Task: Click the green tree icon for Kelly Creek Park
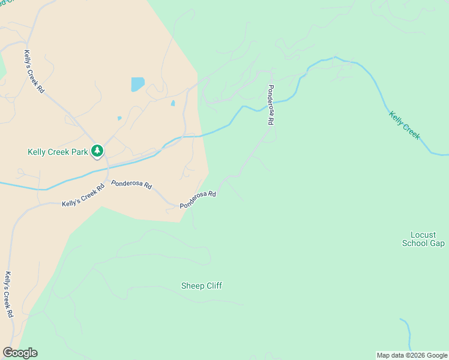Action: (97, 152)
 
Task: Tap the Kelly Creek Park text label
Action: (58, 152)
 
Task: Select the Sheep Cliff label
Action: (202, 286)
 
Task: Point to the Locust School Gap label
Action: (423, 239)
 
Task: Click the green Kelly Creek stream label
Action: (405, 125)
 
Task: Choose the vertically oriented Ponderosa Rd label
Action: (271, 104)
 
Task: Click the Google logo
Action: (20, 353)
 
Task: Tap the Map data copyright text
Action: (411, 355)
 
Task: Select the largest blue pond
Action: (138, 83)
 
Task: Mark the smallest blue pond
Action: (119, 118)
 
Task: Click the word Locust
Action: (423, 235)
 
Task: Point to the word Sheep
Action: (193, 286)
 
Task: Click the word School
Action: (414, 243)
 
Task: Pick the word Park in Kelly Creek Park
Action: (78, 152)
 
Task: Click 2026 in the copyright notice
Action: (413, 355)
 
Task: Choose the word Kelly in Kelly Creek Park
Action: (37, 152)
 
